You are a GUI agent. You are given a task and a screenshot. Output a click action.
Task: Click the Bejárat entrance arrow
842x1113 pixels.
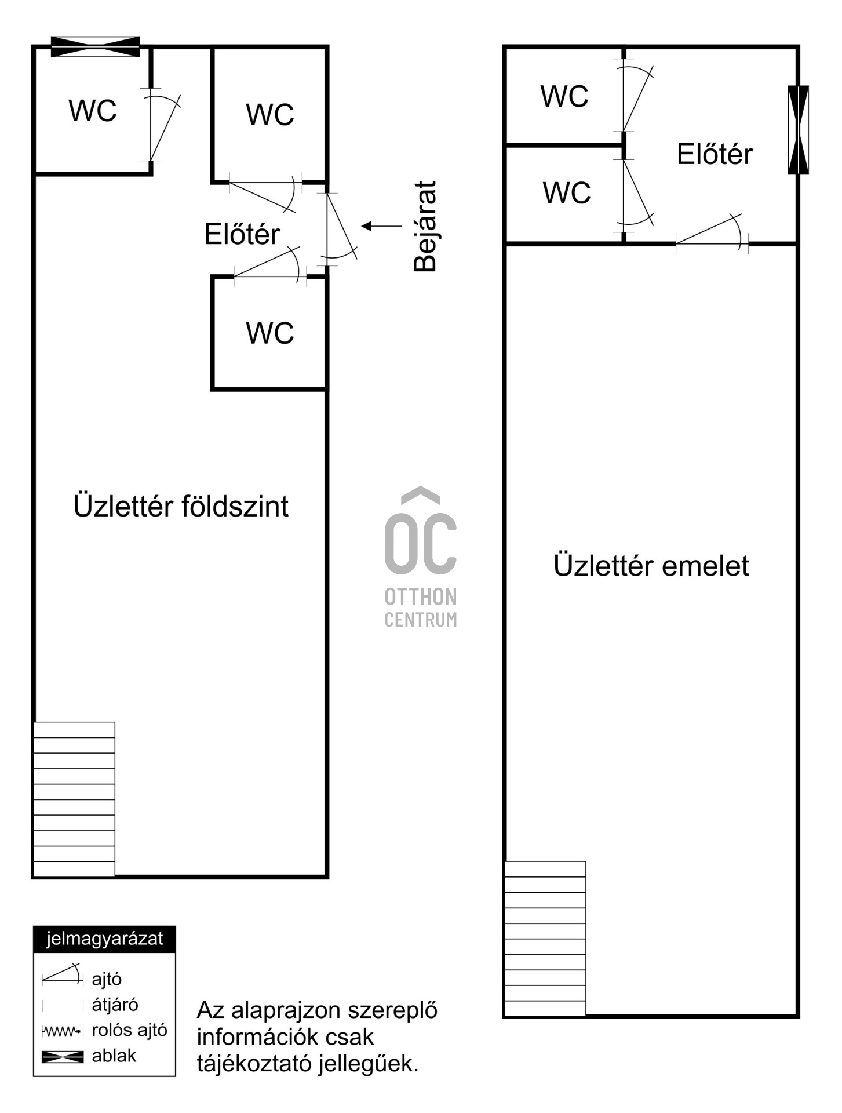tap(382, 226)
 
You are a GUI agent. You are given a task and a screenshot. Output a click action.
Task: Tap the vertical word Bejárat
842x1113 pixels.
tap(425, 226)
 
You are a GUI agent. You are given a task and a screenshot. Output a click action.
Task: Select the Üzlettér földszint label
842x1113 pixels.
tap(181, 506)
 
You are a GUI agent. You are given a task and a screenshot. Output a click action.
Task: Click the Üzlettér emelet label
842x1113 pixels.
tap(651, 565)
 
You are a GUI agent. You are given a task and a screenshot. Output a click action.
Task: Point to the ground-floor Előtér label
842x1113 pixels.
tap(242, 234)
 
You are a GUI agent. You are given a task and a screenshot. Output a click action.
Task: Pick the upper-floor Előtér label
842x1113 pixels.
tap(715, 154)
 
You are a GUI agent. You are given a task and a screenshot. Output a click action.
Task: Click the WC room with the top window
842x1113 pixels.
tap(93, 110)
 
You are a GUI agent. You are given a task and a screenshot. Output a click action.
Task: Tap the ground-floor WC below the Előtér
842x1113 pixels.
tap(269, 333)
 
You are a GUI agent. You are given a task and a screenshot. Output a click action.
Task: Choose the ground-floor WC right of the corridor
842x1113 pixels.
tap(269, 115)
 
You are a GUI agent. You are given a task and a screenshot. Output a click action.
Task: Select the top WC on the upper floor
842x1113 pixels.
tap(564, 96)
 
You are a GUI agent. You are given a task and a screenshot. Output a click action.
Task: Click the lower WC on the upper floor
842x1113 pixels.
tap(566, 193)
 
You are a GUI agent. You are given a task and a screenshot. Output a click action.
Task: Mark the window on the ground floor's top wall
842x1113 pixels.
tap(96, 46)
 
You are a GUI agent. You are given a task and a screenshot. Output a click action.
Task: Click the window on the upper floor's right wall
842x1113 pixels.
tap(798, 130)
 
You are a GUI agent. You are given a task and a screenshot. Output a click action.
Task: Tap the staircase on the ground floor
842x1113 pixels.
tap(74, 799)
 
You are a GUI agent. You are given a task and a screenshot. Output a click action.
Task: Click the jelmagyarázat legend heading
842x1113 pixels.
tap(104, 939)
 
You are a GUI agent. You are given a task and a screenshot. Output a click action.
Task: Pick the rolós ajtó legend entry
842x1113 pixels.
tap(105, 1030)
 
